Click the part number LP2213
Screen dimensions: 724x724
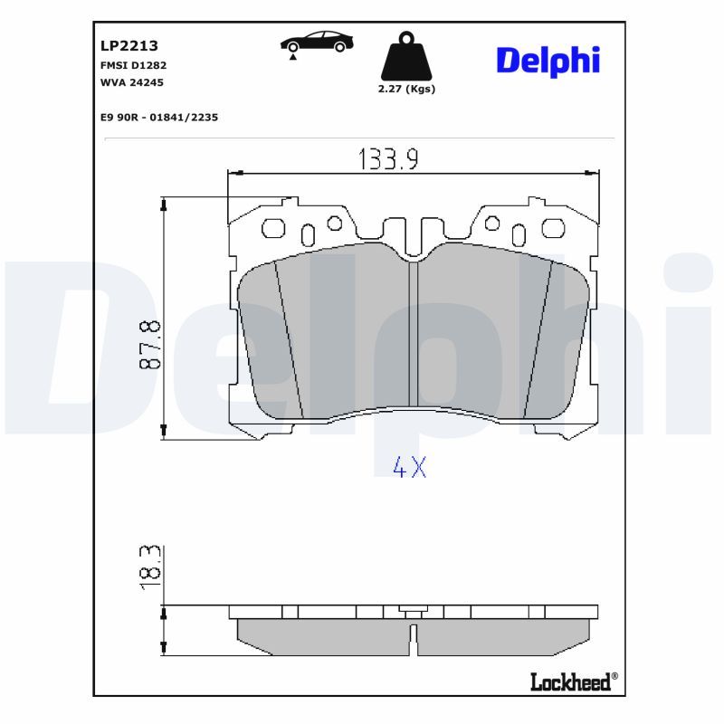129,45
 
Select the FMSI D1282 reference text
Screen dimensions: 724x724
133,65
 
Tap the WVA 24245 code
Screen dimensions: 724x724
132,82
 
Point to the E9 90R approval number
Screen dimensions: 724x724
159,118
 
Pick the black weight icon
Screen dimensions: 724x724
406,56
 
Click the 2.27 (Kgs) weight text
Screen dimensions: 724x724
406,89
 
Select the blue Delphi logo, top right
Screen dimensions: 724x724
548,62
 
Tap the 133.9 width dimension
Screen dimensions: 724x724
389,159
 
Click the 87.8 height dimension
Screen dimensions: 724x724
150,345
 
